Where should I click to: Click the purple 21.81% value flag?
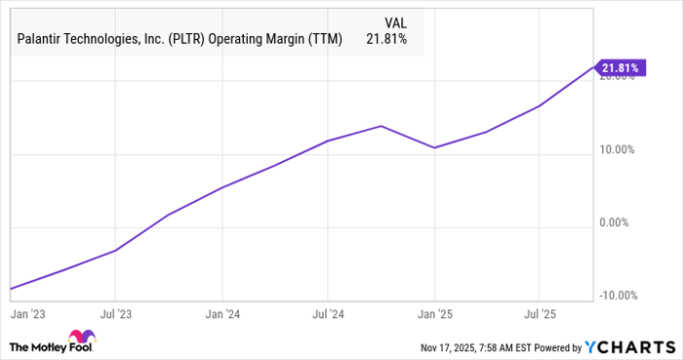pos(622,67)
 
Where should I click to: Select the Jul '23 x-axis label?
pos(116,315)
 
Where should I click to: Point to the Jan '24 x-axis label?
pos(222,315)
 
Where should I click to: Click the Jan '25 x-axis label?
pos(434,315)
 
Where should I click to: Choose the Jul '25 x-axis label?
pos(539,315)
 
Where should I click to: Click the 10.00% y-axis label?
pos(617,150)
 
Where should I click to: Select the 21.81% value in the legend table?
pos(388,39)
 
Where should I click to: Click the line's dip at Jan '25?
pos(434,147)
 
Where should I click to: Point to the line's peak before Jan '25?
pos(381,126)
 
